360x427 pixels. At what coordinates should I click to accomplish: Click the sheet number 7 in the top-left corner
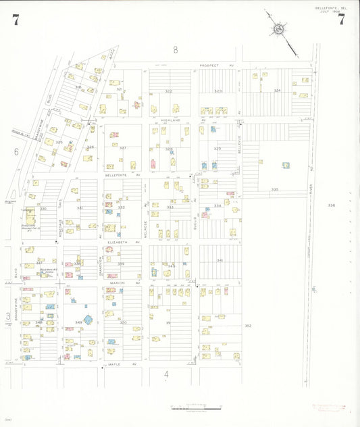tap(15, 20)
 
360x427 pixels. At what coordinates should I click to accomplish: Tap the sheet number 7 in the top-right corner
tap(342, 20)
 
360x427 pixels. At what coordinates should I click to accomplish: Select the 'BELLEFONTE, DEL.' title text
tap(330, 7)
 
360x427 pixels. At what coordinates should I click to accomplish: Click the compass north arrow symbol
tap(278, 30)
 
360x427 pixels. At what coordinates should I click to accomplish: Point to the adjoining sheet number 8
tap(175, 49)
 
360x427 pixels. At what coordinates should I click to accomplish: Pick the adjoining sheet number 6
tap(16, 152)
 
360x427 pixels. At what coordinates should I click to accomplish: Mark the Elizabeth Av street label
tap(122, 241)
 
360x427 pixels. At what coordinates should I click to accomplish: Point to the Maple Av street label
tap(122, 365)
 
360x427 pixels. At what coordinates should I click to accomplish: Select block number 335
tap(275, 189)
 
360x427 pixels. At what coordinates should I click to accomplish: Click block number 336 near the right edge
tap(331, 205)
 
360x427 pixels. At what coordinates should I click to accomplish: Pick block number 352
tap(248, 326)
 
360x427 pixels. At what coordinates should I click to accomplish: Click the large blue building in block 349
tap(87, 319)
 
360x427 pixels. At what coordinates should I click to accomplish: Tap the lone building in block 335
tap(286, 165)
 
